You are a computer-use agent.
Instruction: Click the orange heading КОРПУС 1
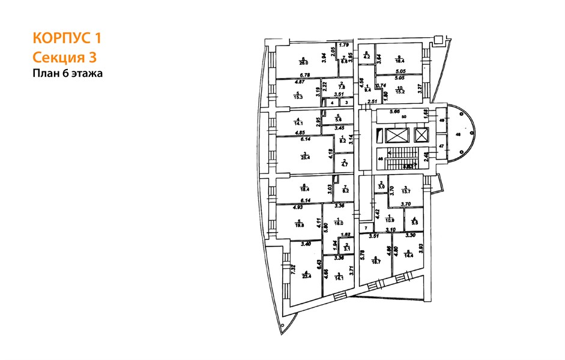pyautogui.click(x=67, y=39)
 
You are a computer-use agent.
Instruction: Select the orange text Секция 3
pyautogui.click(x=64, y=58)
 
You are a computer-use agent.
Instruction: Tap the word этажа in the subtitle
pyautogui.click(x=85, y=74)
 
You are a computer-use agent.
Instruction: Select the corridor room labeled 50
pyautogui.click(x=403, y=116)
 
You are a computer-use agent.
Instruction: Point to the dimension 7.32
pyautogui.click(x=294, y=270)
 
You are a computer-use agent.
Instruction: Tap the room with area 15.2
pyautogui.click(x=400, y=91)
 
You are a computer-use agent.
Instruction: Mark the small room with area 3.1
pyautogui.click(x=345, y=247)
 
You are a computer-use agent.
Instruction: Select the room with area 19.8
pyautogui.click(x=301, y=225)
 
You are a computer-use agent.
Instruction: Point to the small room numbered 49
pyautogui.click(x=443, y=120)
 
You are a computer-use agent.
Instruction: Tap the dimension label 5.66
pyautogui.click(x=394, y=111)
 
